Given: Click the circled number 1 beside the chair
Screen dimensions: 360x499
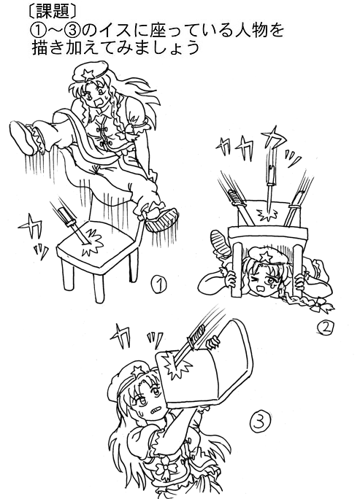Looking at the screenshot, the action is coord(159,285).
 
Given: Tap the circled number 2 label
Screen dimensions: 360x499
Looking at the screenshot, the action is coord(325,328).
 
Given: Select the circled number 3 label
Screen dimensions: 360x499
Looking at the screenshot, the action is coord(261,421).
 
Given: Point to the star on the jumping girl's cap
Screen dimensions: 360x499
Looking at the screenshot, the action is coord(87,75).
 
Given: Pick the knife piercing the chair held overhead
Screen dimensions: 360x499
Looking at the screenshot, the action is coord(191,344).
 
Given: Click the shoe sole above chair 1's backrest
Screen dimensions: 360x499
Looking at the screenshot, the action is coord(161,220).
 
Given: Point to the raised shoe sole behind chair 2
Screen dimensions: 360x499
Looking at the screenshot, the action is coord(221,242).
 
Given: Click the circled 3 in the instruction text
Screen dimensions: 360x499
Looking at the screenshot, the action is coord(72,31).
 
